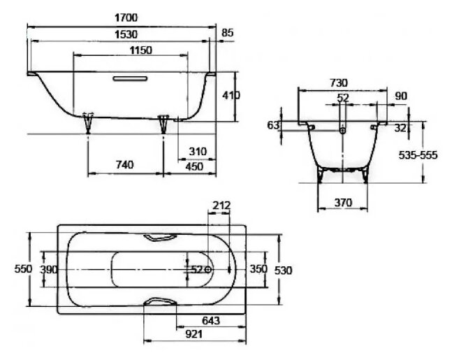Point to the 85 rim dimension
tap(227, 33)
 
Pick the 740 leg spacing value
tap(124, 165)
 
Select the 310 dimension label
tap(198, 152)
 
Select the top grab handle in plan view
tap(161, 238)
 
